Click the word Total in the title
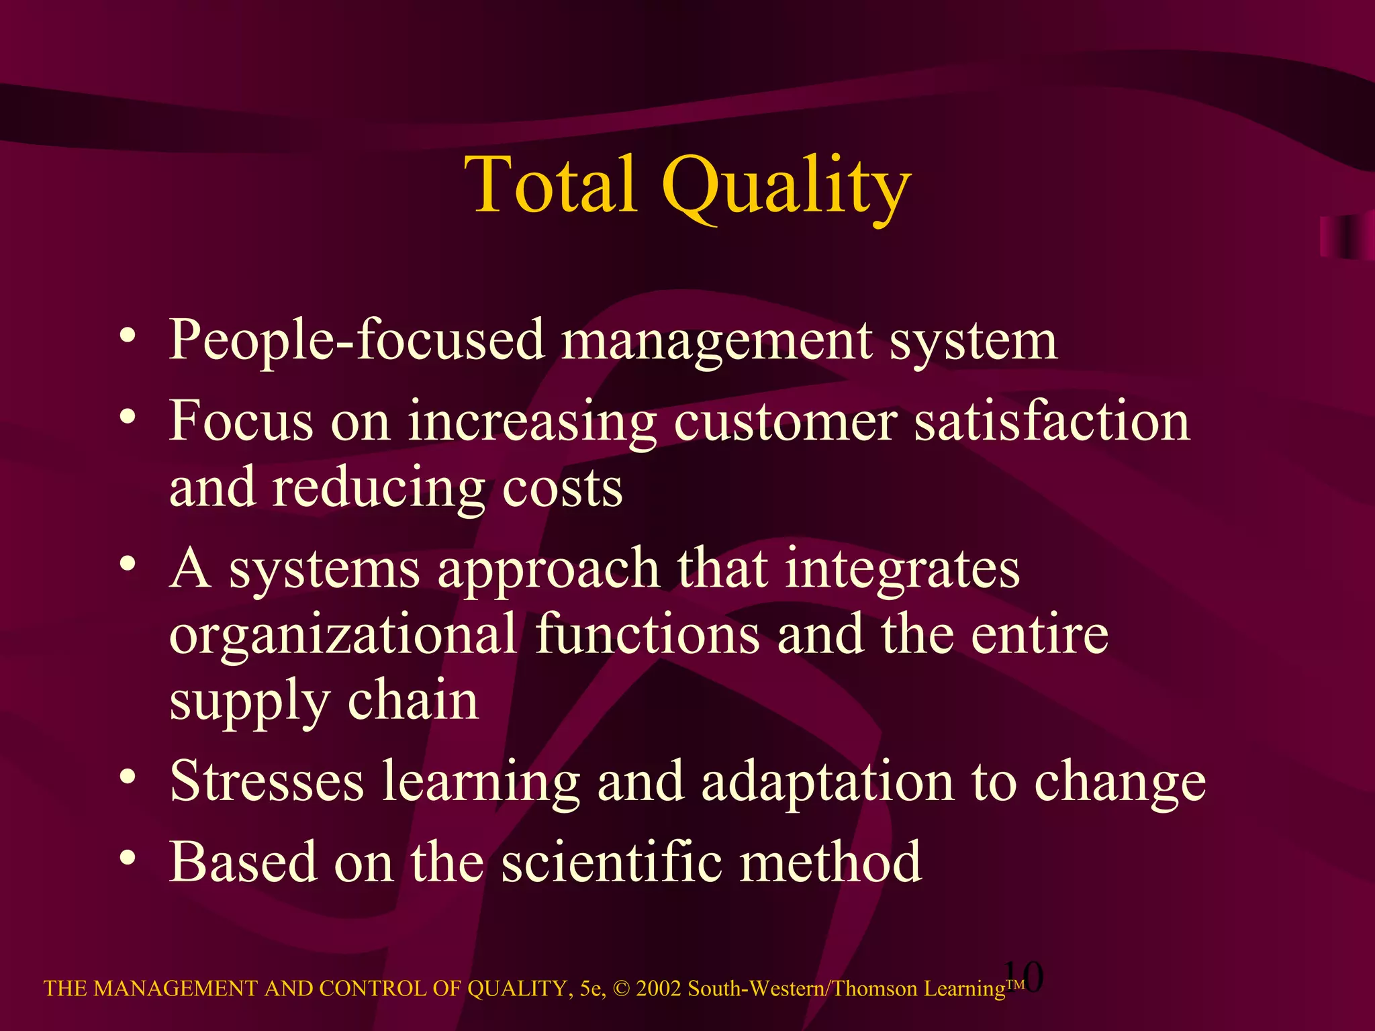coord(550,184)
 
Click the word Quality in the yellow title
coord(786,188)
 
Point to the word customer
coord(785,422)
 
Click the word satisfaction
coord(1052,422)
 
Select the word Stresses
coord(267,781)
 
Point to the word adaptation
coord(827,783)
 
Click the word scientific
coord(611,862)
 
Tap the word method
coord(831,862)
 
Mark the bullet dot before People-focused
coord(128,335)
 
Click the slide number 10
coord(1023,977)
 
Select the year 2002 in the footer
coord(659,989)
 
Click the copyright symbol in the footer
coord(622,989)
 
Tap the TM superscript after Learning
coord(1015,984)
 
